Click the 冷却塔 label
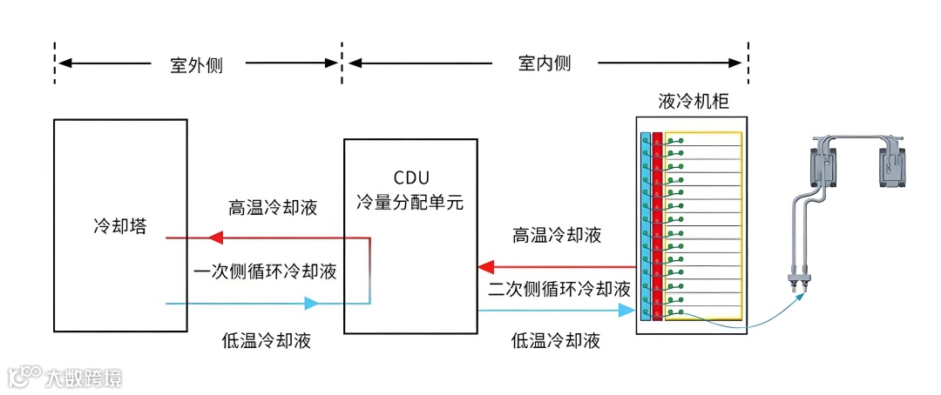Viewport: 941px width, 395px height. (119, 226)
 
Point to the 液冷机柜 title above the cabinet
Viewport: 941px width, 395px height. (694, 102)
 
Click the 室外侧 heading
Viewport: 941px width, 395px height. (196, 64)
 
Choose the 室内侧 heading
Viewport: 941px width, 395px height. (545, 64)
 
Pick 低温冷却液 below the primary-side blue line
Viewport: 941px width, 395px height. (267, 341)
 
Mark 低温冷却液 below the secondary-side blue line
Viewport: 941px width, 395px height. (556, 341)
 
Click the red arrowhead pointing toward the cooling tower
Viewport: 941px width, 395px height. (214, 237)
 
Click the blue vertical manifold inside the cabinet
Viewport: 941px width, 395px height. (645, 226)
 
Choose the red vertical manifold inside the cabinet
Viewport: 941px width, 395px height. (658, 226)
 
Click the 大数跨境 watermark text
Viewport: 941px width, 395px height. (85, 378)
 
